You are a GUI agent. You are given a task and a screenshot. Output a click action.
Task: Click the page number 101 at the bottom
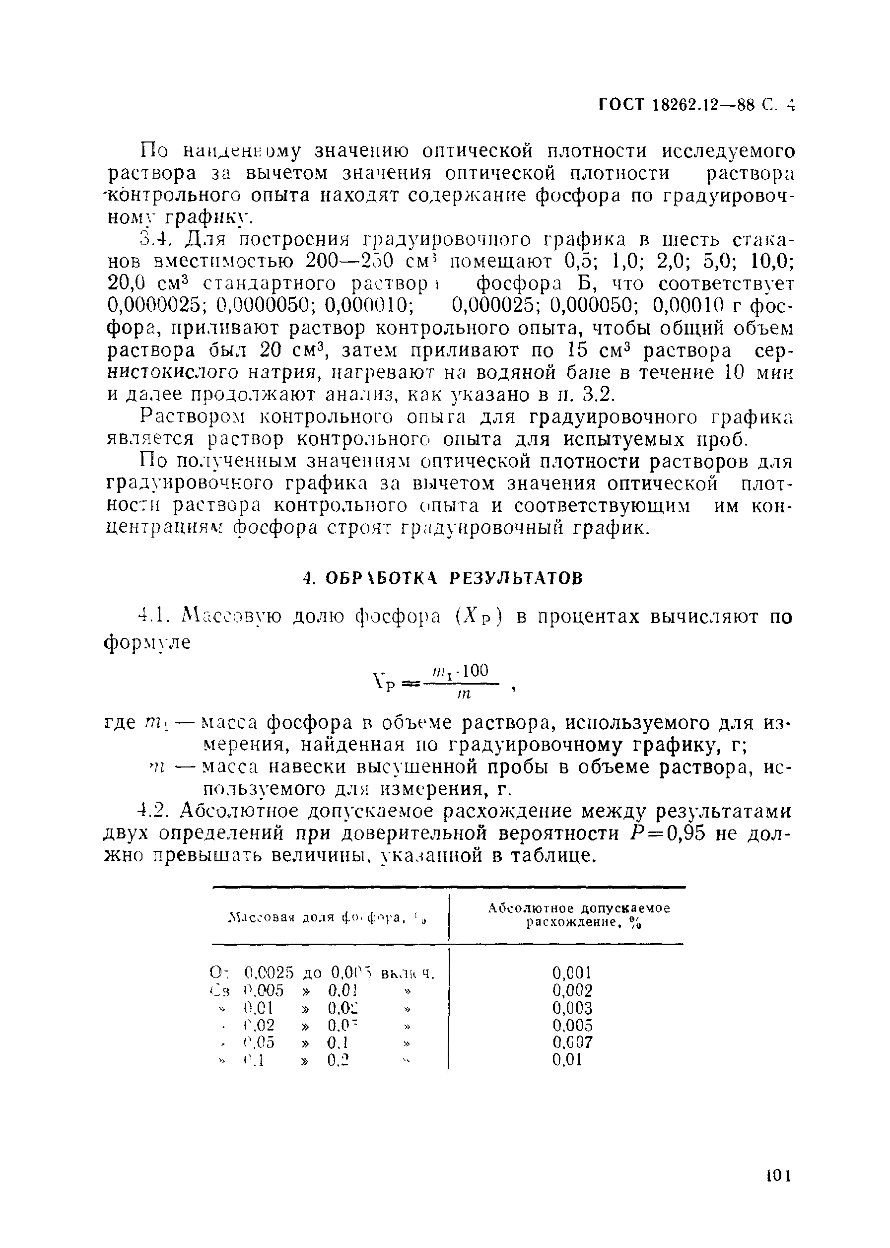pos(777,1176)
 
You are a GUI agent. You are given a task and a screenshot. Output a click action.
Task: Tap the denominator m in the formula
pos(464,694)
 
